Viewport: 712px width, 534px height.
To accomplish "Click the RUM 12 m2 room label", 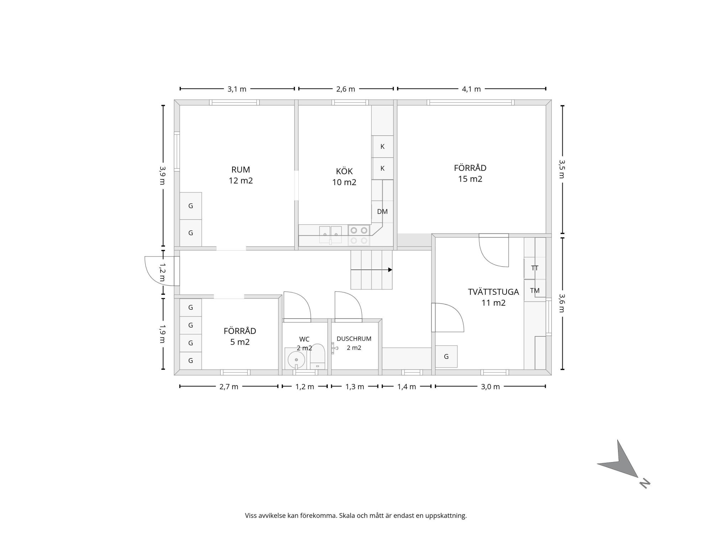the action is [x=241, y=175].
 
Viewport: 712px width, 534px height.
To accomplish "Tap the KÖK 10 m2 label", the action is [x=344, y=177].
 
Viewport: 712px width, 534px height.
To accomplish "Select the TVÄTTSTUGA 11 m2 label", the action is [x=493, y=297].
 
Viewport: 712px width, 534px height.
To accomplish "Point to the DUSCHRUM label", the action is [x=354, y=339].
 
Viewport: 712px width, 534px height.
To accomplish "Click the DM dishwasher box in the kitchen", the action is [x=382, y=212].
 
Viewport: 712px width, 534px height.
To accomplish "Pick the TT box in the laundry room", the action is [x=535, y=268].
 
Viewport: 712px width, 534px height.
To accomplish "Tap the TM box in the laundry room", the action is [x=535, y=290].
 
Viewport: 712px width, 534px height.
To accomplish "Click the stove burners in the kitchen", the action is [x=359, y=235].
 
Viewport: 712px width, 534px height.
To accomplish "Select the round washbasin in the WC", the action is [x=296, y=360].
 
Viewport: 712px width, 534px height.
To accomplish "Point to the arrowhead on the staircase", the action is [x=390, y=270].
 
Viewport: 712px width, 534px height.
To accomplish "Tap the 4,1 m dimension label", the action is [x=471, y=89].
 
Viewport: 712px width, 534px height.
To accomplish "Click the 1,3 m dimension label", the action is [x=355, y=387].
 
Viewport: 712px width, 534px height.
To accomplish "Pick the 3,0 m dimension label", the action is [x=490, y=387].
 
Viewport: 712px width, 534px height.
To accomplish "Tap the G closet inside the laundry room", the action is [x=446, y=356].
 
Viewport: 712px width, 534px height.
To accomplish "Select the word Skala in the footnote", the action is [x=347, y=515].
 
